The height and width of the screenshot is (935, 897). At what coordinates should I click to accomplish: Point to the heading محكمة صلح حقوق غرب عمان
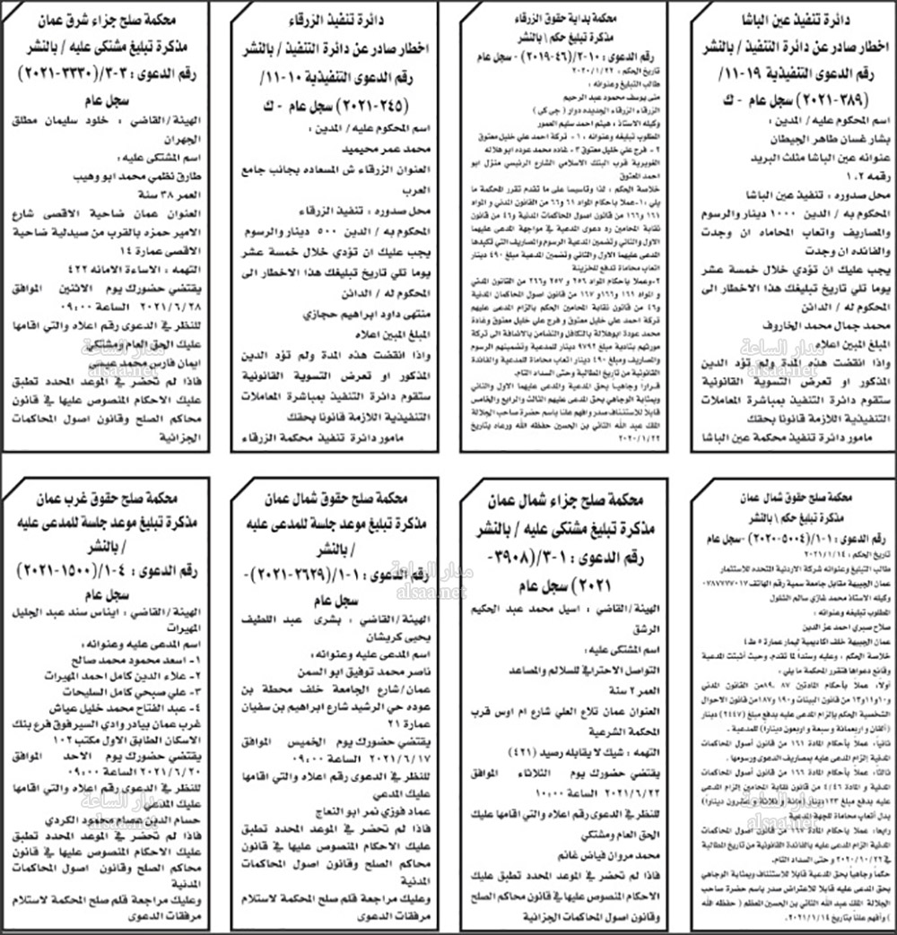coord(110,498)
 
